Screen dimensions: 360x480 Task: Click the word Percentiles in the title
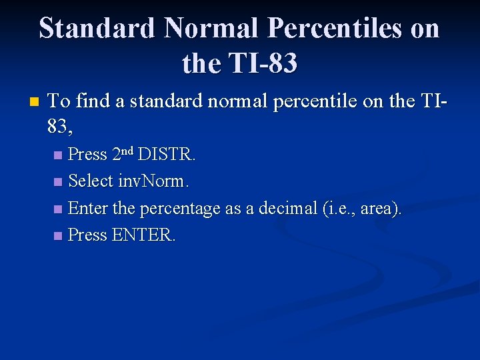click(x=336, y=29)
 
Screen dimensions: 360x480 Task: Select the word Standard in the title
click(x=97, y=29)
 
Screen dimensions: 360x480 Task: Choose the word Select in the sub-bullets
click(x=91, y=181)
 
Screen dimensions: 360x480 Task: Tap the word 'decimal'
click(x=285, y=208)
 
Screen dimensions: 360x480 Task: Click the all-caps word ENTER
click(x=144, y=235)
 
